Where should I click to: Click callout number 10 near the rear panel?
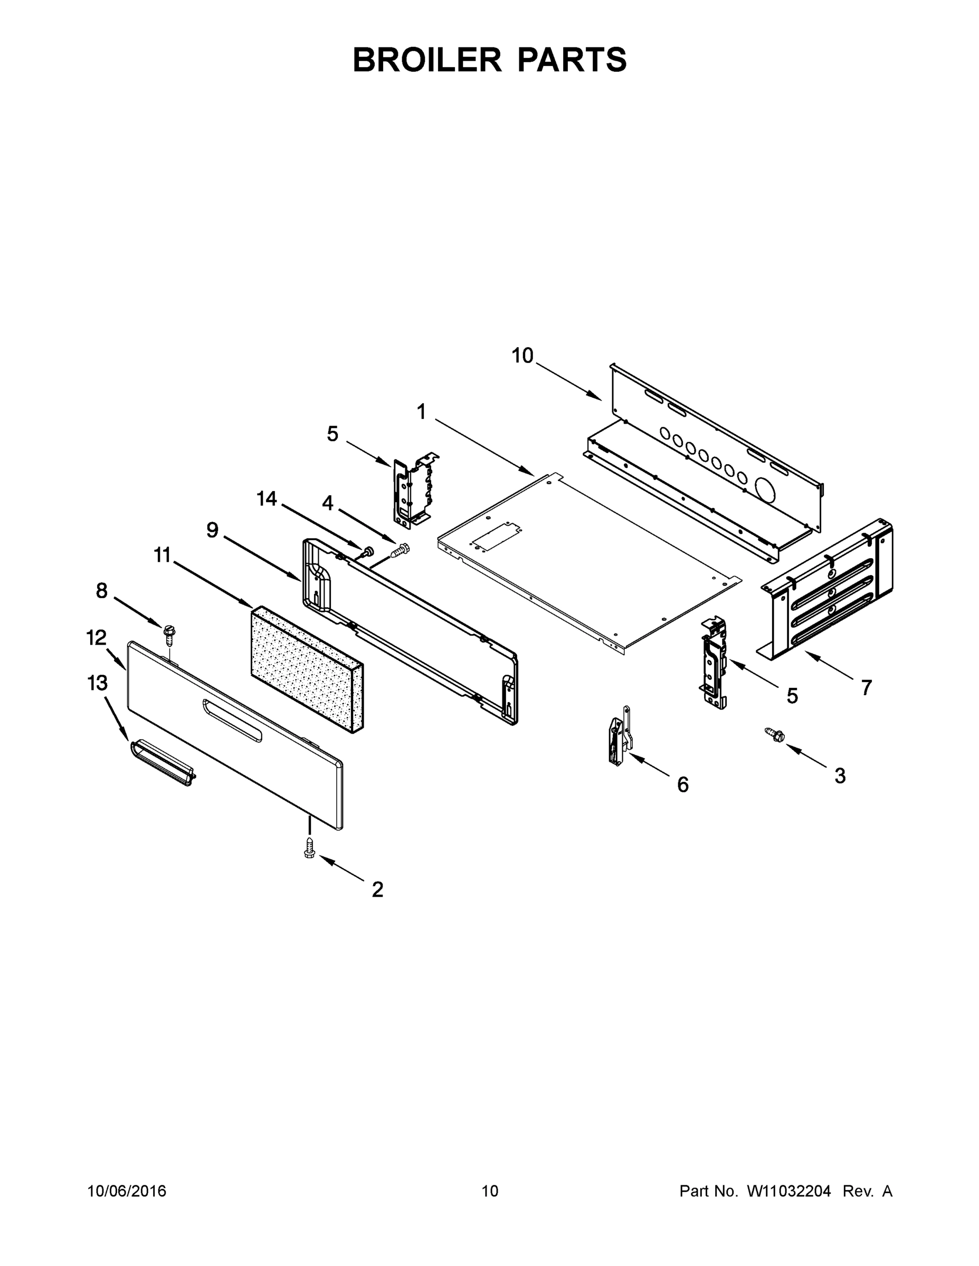(522, 356)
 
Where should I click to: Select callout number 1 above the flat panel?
(422, 412)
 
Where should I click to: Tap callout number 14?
(267, 498)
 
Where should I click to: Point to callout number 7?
(867, 688)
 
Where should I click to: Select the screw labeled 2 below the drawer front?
(310, 850)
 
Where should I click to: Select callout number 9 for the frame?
(212, 530)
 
